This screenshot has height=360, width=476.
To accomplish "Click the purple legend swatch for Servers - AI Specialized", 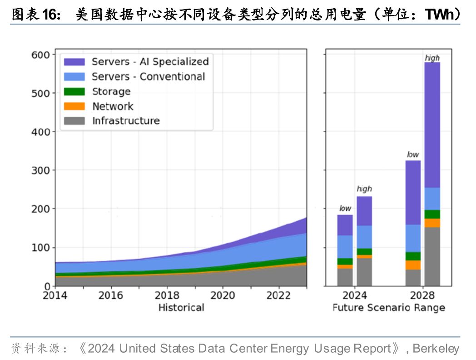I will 74,62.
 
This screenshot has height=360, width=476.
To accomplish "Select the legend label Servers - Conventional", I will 149,77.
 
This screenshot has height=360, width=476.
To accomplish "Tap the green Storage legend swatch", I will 74,91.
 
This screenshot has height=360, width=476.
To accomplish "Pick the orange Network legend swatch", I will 74,106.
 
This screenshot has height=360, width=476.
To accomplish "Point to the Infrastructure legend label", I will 126,121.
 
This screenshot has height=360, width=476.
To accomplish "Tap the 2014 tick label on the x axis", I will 55,295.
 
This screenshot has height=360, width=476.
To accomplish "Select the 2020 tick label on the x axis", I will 223,295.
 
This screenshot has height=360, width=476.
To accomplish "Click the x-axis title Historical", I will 181,308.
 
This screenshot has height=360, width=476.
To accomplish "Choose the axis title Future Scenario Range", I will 389,308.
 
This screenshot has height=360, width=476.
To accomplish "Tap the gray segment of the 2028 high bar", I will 432,256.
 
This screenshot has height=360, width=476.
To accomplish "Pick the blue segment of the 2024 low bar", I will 345,246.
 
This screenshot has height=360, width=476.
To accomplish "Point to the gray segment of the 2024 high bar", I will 364,272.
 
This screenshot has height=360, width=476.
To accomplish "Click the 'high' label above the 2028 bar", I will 432,58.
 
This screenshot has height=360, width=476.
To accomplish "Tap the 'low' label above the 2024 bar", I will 345,208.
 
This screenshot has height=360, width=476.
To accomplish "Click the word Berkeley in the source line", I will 436,349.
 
